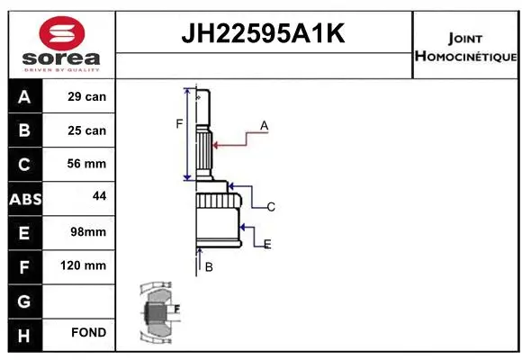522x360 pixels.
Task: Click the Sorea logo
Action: point(62,44)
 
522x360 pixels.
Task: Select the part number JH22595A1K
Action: point(263,34)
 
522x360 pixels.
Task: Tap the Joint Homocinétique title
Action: point(465,48)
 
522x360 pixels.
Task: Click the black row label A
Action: point(24,96)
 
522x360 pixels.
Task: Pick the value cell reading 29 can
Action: point(87,96)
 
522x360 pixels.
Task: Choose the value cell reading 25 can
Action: point(87,130)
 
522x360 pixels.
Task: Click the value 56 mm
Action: point(87,164)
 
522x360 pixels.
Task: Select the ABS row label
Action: point(24,198)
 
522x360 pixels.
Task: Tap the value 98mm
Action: point(87,232)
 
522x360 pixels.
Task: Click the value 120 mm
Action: point(87,265)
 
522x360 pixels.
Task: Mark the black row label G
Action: point(24,300)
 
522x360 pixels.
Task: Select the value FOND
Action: point(87,333)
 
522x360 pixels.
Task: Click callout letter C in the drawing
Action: point(270,207)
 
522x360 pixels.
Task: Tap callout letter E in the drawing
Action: point(267,244)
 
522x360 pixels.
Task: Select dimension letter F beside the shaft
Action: point(179,123)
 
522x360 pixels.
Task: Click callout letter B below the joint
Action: point(208,266)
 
